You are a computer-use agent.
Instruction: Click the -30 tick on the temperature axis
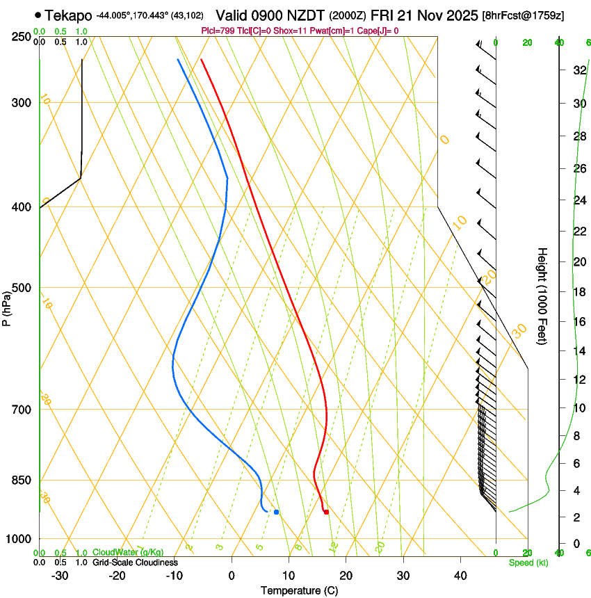[60, 575]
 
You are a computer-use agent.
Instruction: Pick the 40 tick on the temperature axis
[460, 575]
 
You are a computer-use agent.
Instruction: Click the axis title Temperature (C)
[299, 590]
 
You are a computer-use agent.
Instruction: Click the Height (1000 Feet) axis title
[543, 296]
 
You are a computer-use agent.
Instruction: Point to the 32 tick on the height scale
[578, 70]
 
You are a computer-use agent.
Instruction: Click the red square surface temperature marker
[326, 512]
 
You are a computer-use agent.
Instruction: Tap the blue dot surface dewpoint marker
[276, 512]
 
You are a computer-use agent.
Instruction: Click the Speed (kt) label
[528, 563]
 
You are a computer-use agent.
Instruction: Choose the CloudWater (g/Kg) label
[128, 553]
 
